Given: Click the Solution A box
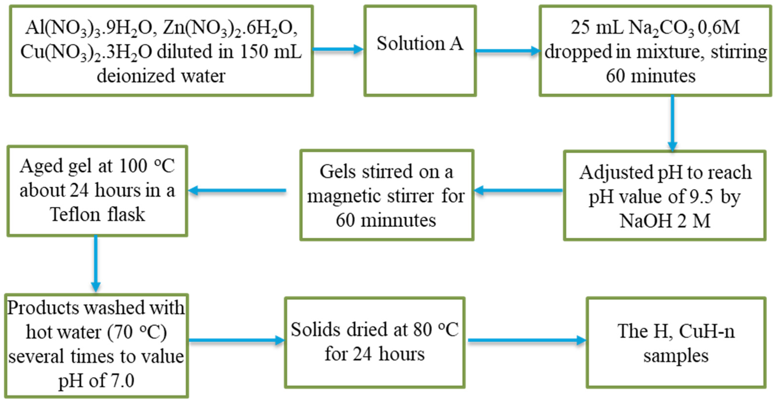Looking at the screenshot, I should pyautogui.click(x=420, y=50).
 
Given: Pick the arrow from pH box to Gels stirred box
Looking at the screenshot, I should pyautogui.click(x=518, y=190).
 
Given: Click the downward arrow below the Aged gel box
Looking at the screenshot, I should pyautogui.click(x=96, y=263).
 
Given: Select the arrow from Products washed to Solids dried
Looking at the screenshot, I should pyautogui.click(x=236, y=340).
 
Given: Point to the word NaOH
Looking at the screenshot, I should pyautogui.click(x=645, y=221).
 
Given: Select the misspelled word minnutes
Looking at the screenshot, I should pyautogui.click(x=398, y=220).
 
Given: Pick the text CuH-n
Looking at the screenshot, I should pyautogui.click(x=707, y=331).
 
